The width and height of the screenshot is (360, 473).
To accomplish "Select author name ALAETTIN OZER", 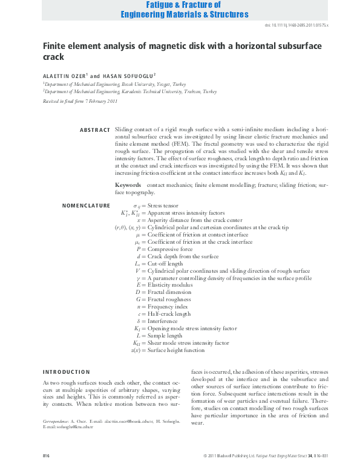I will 65,76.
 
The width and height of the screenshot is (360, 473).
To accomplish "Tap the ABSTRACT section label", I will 94,130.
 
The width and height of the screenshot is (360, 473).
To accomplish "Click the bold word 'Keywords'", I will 128,183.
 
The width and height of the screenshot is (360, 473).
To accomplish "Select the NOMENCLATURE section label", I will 86,206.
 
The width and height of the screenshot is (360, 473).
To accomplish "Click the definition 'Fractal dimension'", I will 169,292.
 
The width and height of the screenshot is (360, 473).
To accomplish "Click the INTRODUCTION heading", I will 66,371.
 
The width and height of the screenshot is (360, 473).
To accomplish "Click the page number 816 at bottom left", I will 46,455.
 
